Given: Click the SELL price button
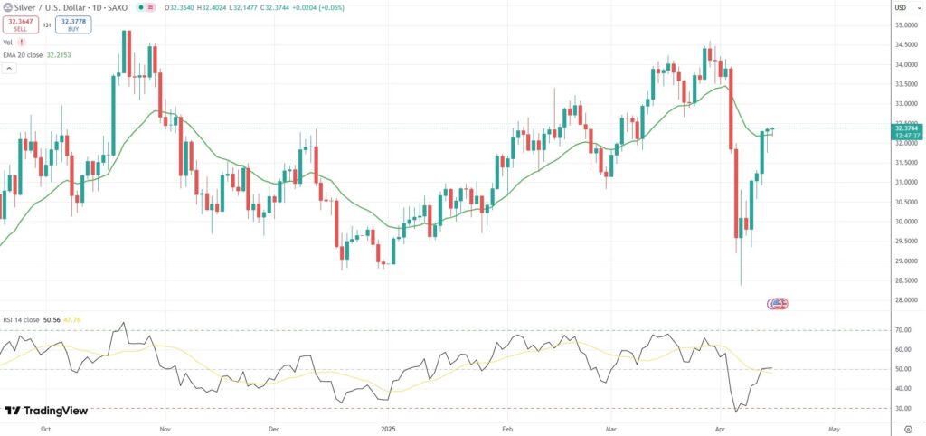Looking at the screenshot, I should point(21,24).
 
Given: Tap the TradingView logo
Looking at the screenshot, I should point(47,411).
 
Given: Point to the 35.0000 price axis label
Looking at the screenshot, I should point(905,24).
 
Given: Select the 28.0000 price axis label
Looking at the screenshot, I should point(905,300).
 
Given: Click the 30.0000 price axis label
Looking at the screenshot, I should point(905,222).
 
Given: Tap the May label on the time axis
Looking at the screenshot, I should point(833,425).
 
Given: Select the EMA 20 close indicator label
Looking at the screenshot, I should point(27,55).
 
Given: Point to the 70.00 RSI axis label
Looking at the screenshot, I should point(902,330).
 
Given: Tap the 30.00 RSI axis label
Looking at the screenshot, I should point(902,408).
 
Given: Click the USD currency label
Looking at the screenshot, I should point(901,7).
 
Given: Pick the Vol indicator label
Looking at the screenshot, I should point(7,42).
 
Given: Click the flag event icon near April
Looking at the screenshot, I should point(778,303).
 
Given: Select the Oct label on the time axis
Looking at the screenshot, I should point(45,425).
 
